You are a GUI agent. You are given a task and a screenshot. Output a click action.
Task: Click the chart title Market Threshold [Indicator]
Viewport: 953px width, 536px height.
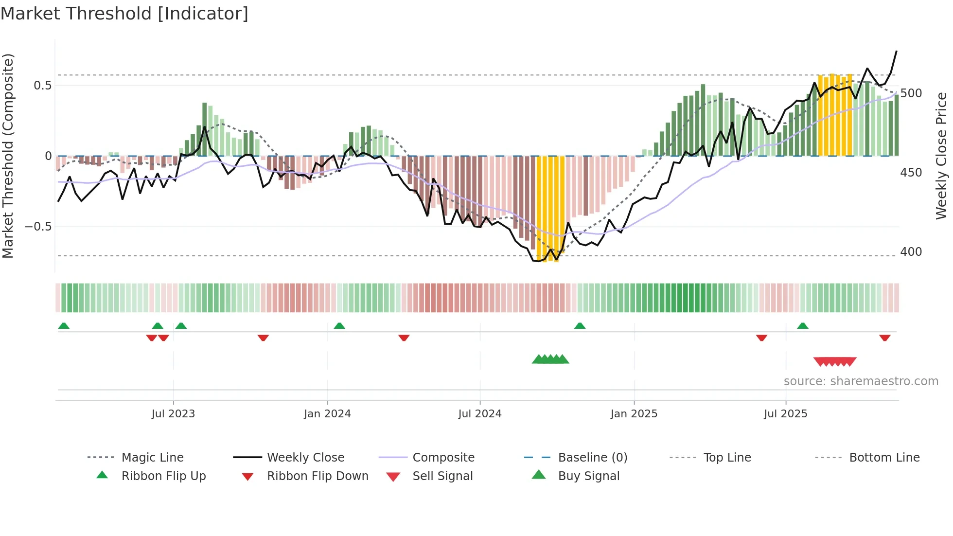124,14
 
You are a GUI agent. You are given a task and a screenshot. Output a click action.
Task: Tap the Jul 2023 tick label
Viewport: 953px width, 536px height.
173,414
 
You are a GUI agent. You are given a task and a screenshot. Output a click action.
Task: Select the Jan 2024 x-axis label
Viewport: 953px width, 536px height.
327,414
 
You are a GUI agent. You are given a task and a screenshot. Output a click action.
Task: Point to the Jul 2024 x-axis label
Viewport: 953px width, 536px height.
480,414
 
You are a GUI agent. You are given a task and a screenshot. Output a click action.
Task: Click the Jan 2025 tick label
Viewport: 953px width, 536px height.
634,414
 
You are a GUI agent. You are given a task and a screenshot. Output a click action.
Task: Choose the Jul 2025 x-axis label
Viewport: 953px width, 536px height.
786,414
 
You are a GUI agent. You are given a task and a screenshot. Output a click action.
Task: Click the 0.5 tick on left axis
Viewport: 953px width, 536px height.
43,86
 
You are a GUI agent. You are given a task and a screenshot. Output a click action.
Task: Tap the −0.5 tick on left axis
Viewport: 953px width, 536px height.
38,227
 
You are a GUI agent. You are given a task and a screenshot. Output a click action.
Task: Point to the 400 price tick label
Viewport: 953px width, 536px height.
911,252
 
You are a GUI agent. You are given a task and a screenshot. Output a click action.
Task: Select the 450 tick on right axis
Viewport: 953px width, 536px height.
911,173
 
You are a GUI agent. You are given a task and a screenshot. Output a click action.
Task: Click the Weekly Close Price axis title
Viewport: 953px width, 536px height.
941,156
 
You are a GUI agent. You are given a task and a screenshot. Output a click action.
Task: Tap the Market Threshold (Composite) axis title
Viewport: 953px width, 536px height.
8,156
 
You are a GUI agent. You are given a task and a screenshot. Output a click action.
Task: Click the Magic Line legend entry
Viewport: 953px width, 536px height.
152,458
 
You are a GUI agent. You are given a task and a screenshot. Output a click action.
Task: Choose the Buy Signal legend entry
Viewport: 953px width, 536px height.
588,476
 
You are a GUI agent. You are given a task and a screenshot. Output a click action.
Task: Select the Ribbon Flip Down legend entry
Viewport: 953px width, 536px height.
318,476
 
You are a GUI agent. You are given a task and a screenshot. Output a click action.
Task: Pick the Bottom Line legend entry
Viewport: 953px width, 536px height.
884,458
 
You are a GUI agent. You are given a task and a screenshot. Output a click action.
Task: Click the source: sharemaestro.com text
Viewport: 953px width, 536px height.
861,381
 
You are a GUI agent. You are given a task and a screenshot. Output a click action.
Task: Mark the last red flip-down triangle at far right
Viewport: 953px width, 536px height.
885,338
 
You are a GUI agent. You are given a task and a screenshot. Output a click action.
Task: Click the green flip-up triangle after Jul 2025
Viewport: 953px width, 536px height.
803,326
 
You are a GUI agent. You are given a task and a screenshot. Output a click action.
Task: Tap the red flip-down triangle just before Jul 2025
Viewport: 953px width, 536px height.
762,338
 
